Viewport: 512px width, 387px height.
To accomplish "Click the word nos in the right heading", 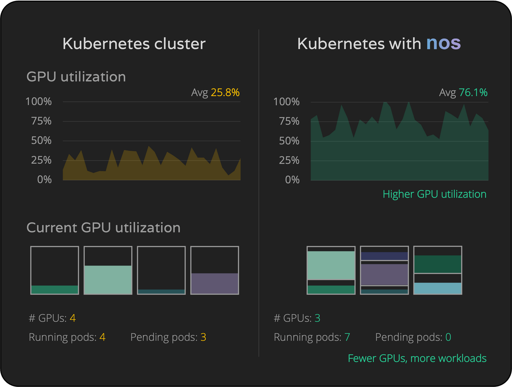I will (443, 44).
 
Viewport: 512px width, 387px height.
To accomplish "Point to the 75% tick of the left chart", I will (41, 121).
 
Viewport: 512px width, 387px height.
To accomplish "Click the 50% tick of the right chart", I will (289, 141).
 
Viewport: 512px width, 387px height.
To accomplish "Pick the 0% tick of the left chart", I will (44, 180).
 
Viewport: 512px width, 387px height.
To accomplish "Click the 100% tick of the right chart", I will (286, 102).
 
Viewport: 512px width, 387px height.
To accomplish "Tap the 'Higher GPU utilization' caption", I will (434, 194).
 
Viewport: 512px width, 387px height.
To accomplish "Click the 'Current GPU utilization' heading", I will (103, 228).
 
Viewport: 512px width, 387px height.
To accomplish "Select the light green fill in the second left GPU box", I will (108, 279).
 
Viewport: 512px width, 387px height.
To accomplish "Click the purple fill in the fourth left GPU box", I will (214, 283).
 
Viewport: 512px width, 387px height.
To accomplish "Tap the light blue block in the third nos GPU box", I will (437, 288).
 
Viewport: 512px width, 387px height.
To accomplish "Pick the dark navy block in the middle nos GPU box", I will (384, 256).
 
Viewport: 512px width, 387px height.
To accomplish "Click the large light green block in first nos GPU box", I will (331, 265).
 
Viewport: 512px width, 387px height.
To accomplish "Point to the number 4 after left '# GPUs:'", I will (73, 318).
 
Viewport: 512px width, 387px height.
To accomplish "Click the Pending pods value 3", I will (203, 337).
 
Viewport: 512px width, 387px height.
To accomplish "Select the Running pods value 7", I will (347, 337).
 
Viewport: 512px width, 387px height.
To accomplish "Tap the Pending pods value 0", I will (448, 337).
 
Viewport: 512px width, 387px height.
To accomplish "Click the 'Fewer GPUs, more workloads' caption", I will (417, 358).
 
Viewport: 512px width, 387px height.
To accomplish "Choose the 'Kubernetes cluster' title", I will (134, 44).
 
